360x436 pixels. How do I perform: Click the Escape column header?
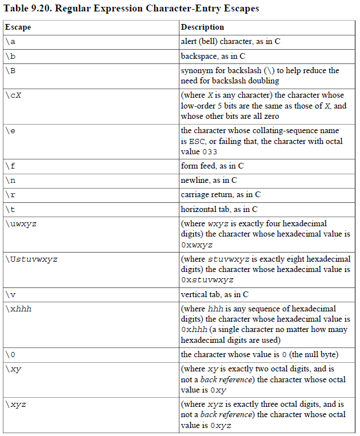(x=18, y=27)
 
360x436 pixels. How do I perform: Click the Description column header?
(x=202, y=27)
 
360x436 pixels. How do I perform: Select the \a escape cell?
(x=11, y=42)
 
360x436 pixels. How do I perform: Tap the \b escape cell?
(x=11, y=57)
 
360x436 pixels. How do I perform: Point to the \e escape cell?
(x=11, y=131)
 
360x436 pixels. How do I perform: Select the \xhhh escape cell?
(x=18, y=309)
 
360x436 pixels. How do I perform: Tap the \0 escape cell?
(x=11, y=355)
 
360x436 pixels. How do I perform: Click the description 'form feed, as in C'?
(x=212, y=166)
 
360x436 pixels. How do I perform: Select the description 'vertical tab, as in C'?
(x=214, y=294)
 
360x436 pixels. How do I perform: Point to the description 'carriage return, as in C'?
(x=221, y=194)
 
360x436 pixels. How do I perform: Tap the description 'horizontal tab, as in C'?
(x=219, y=209)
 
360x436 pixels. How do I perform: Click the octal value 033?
(x=210, y=152)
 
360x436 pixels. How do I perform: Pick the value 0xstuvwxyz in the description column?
(x=207, y=280)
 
